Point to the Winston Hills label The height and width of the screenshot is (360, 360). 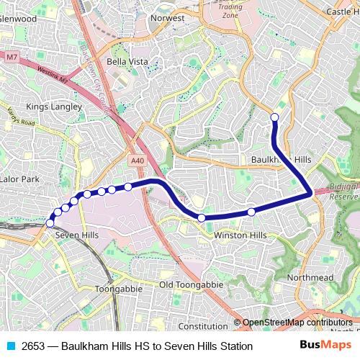[x=240, y=235]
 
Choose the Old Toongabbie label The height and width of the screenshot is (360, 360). [x=186, y=284]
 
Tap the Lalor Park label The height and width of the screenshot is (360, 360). [x=19, y=179]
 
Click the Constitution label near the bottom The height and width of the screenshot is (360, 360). [x=202, y=325]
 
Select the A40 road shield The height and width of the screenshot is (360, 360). [x=139, y=161]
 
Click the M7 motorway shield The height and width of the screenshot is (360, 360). [x=10, y=55]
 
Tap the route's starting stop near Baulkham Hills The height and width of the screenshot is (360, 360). [x=274, y=117]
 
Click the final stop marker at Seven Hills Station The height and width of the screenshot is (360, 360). [x=50, y=223]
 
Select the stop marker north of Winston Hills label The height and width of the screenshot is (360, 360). [x=251, y=212]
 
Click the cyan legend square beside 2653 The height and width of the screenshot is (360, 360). [x=10, y=346]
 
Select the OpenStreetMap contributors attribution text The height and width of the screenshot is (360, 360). [x=297, y=323]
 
